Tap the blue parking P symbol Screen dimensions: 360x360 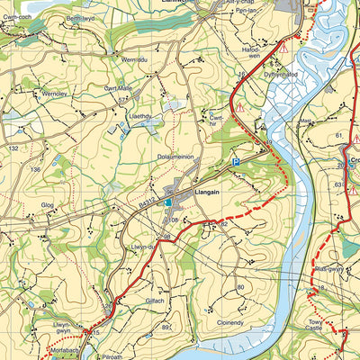237,162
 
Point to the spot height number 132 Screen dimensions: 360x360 13,148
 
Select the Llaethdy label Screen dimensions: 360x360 141,116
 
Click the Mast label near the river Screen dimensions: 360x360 305,117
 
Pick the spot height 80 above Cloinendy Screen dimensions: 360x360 240,287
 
